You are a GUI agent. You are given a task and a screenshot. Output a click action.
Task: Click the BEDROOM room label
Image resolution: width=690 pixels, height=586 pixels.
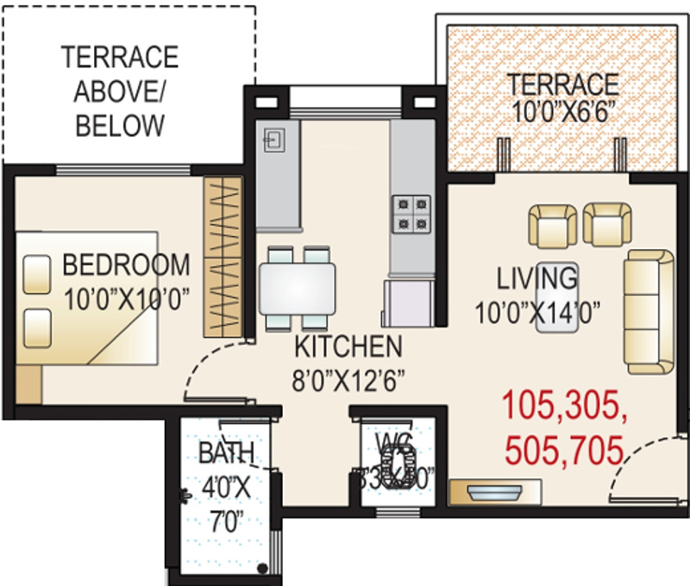pos(126,264)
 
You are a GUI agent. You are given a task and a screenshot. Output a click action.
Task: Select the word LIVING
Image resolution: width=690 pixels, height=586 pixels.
pos(536,278)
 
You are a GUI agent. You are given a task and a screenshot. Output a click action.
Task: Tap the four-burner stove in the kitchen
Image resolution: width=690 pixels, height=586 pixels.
pos(411,215)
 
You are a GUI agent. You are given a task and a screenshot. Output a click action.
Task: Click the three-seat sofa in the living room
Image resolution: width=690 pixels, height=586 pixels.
pos(649,312)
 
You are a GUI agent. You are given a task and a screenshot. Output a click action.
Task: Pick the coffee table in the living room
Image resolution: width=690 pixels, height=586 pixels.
pos(556,297)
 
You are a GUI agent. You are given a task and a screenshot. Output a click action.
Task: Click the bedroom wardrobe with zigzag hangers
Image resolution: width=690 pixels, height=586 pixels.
pos(222,257)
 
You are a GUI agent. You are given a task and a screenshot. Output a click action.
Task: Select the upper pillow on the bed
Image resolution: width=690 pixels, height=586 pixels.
pos(36,276)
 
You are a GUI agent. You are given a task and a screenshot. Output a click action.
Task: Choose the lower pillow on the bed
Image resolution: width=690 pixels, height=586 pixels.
pos(36,327)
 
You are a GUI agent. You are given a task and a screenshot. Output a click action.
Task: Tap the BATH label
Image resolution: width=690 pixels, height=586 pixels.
pos(226,452)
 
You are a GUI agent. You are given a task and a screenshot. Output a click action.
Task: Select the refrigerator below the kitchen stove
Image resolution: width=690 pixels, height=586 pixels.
pos(409,303)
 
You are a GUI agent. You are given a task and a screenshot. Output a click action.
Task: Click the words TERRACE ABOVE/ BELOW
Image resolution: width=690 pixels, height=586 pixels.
pos(120,91)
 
